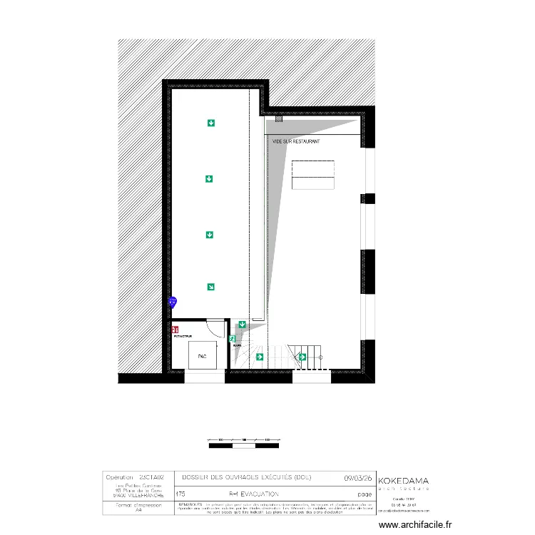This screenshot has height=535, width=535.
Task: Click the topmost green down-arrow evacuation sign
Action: coord(210,123)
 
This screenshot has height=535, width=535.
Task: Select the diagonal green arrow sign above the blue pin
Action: coord(210,287)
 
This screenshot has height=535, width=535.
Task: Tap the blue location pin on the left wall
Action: coord(172,302)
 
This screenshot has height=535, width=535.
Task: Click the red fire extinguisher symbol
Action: coord(175,329)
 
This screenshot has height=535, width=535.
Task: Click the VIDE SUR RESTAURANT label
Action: coord(296,142)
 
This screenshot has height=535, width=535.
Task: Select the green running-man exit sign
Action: coord(233,340)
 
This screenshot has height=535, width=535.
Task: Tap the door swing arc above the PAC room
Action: coord(215,327)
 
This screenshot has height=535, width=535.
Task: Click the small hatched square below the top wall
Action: coord(279,119)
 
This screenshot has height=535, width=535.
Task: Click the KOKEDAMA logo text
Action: coord(403,481)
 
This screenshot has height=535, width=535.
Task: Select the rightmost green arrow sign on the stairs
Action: coord(302,357)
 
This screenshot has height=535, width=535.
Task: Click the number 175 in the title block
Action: coord(180,493)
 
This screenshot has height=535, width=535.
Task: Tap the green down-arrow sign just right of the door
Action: coord(242,325)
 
